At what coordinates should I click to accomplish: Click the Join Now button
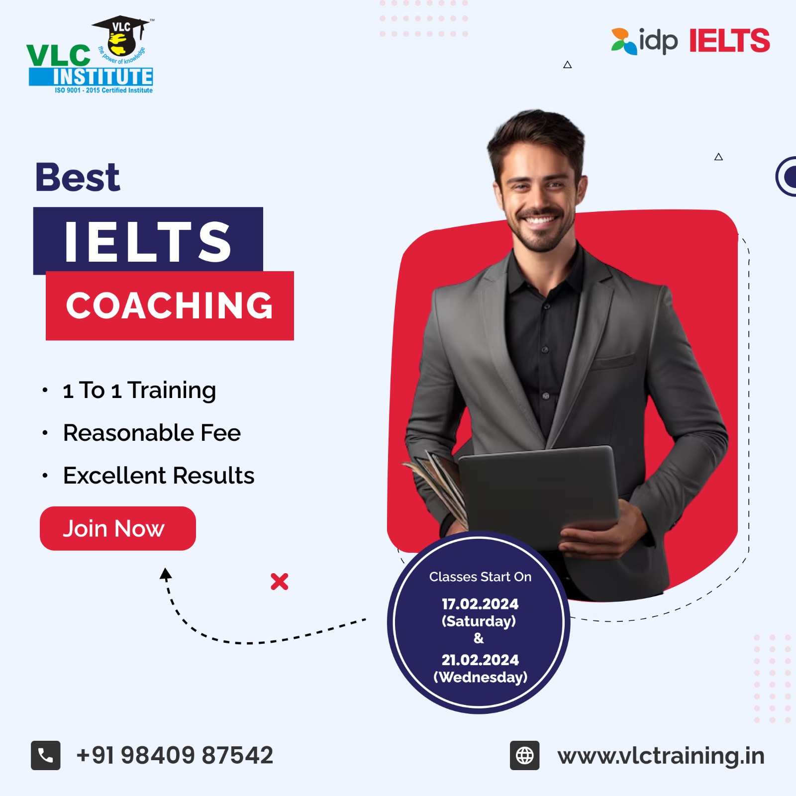(x=118, y=528)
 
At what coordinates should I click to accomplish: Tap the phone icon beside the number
(x=46, y=755)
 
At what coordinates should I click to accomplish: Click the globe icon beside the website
(x=524, y=755)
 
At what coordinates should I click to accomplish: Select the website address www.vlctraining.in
(x=661, y=756)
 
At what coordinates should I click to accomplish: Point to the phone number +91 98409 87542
(x=175, y=755)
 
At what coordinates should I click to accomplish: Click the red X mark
(x=280, y=581)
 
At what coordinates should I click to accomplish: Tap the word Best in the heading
(x=78, y=177)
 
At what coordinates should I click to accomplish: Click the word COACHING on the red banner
(x=170, y=305)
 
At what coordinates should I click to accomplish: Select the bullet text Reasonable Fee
(x=152, y=433)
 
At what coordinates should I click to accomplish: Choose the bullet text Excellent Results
(x=159, y=476)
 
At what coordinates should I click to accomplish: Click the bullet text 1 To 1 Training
(x=139, y=391)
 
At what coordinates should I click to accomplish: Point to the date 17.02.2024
(x=480, y=604)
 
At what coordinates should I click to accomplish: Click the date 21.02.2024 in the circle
(x=480, y=660)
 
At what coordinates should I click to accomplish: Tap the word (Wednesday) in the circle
(x=480, y=677)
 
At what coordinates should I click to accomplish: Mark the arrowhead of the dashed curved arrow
(x=166, y=574)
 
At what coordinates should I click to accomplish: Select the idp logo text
(x=658, y=41)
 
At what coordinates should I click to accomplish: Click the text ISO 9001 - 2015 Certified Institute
(x=103, y=90)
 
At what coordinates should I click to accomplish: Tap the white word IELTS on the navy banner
(x=148, y=242)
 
